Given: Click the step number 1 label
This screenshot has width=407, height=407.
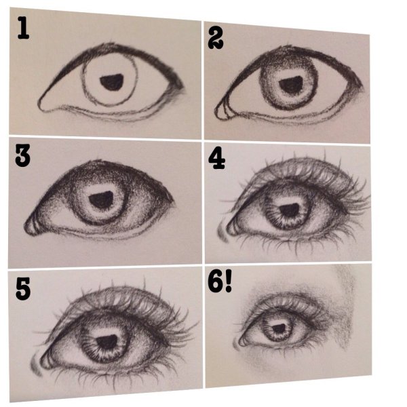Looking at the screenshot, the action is [x=23, y=28].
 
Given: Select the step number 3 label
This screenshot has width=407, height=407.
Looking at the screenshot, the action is [x=22, y=155].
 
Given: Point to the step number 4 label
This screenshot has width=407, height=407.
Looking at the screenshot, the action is [x=216, y=158].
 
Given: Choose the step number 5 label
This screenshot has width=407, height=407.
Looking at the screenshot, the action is [x=23, y=289].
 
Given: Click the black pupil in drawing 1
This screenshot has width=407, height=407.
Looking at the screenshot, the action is [x=112, y=82].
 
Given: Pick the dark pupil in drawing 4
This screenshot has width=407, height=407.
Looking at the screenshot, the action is [x=290, y=210].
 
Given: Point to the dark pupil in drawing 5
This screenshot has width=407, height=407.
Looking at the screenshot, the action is [x=107, y=342].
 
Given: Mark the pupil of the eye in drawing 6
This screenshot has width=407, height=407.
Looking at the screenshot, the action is [x=279, y=328].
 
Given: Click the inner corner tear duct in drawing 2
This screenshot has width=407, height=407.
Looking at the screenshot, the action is [x=223, y=111].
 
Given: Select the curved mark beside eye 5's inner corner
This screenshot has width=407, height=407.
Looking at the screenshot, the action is [x=36, y=366].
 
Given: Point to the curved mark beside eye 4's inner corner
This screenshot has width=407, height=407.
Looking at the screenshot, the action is [x=222, y=233].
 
